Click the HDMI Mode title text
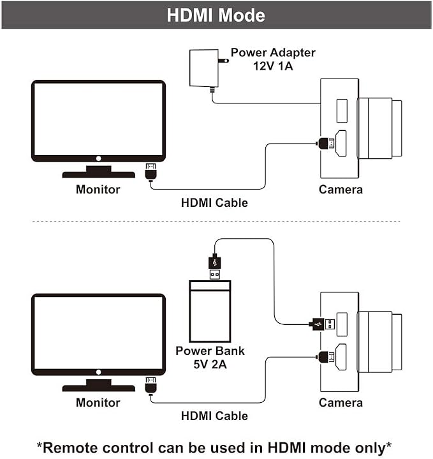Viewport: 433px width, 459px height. click(x=216, y=15)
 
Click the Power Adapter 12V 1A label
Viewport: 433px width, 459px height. click(x=273, y=59)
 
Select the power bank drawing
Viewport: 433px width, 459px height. click(x=210, y=312)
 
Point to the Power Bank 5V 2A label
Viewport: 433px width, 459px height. click(x=210, y=357)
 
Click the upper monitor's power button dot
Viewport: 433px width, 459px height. click(x=99, y=158)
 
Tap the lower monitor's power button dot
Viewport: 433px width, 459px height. click(x=99, y=372)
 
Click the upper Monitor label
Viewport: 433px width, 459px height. click(x=98, y=190)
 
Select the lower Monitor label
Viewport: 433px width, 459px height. click(x=98, y=403)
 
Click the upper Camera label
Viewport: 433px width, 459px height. click(x=341, y=190)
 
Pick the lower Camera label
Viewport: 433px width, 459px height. click(x=341, y=403)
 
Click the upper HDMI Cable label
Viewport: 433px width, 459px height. click(x=214, y=202)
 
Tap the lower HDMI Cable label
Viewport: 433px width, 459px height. click(x=214, y=416)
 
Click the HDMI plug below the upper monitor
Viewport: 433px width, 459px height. click(x=151, y=172)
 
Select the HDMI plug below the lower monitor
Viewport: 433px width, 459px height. click(x=151, y=386)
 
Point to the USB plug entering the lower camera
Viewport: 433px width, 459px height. click(x=321, y=324)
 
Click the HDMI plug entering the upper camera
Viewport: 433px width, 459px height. click(x=326, y=144)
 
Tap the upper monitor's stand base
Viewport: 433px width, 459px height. click(x=99, y=174)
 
